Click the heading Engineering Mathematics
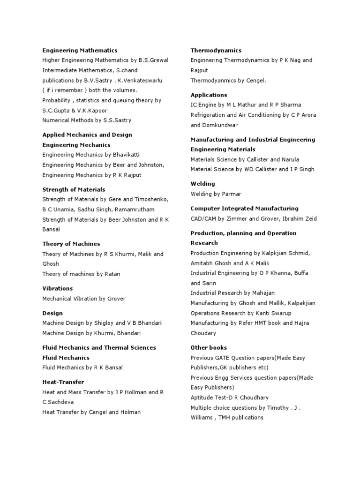coord(80,50)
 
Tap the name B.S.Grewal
coord(153,60)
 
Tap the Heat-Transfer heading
coord(63,382)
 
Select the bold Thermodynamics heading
coord(216,50)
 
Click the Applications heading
coord(209,95)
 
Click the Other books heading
coord(209,347)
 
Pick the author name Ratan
coord(117,274)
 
